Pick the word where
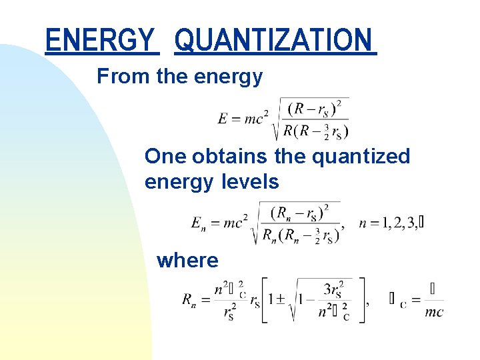187,260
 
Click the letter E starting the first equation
223,119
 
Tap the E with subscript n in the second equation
198,224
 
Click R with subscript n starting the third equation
189,300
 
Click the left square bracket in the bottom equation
264,300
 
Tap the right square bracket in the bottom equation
362,300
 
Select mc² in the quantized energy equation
233,224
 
